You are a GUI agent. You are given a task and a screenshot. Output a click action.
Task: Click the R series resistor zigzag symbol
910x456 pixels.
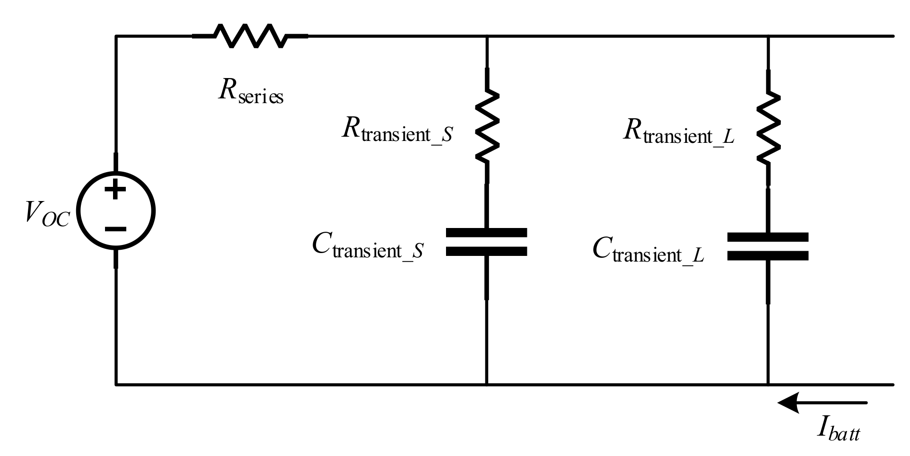(250, 35)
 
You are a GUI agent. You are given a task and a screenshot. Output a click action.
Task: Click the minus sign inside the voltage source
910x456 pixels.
(115, 229)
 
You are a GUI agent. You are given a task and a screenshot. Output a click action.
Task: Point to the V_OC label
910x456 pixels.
(47, 215)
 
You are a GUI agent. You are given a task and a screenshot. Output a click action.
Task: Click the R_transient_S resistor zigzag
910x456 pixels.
(487, 126)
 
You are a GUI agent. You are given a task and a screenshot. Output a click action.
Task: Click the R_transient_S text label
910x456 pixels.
(396, 131)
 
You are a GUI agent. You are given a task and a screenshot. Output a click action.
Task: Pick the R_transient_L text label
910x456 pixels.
(678, 133)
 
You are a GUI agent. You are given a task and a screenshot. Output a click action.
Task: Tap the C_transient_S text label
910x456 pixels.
(367, 247)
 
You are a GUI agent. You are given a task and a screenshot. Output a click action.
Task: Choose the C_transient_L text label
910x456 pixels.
(648, 251)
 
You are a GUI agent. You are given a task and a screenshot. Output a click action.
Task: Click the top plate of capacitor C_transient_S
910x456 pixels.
(486, 233)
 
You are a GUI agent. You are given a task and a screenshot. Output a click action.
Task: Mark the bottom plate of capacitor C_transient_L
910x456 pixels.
(767, 256)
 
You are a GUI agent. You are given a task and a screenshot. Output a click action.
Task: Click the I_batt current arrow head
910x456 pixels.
(788, 403)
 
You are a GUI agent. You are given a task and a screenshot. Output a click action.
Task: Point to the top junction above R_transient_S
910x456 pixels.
(487, 36)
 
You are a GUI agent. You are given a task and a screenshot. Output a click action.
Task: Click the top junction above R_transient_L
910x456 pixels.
(768, 36)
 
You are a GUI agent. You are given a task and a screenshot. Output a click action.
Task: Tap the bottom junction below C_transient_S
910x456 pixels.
(487, 385)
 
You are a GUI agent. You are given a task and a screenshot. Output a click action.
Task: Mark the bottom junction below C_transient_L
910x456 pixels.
(768, 385)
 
